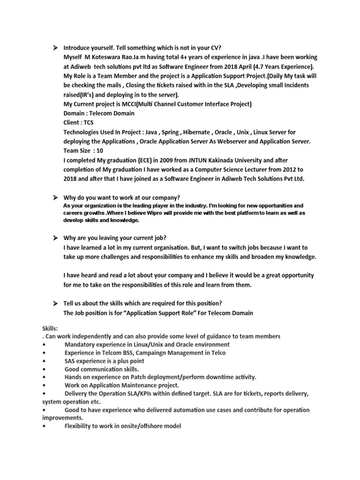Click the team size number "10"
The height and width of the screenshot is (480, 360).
pyautogui.click(x=99, y=151)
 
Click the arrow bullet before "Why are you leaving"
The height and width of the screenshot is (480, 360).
pyautogui.click(x=55, y=238)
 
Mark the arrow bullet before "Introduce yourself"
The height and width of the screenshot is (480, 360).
pyautogui.click(x=55, y=47)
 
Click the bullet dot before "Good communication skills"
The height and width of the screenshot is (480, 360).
pyautogui.click(x=44, y=369)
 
